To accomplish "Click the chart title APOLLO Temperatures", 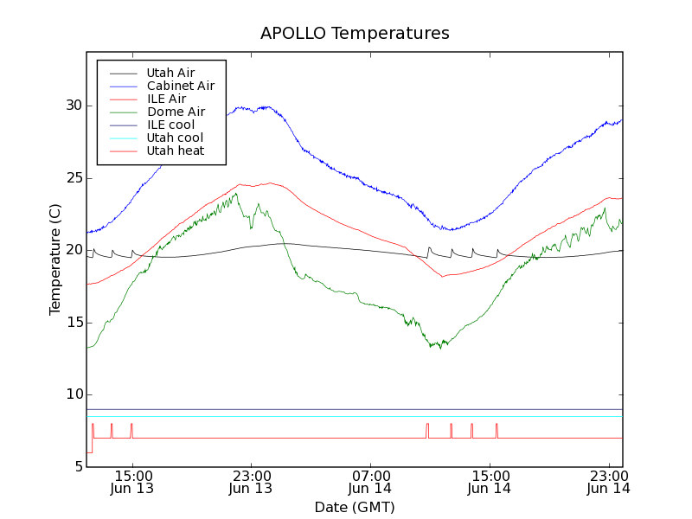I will coord(355,34).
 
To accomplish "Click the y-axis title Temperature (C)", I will coord(55,259).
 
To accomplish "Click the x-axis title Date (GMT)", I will coord(355,507).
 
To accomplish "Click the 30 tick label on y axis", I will coord(74,106).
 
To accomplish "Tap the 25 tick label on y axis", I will coord(74,178).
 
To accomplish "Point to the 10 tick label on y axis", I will coord(74,394).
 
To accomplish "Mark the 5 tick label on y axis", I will coord(78,467).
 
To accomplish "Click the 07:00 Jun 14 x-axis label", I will coord(370,482).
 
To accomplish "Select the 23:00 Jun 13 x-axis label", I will coord(251,482).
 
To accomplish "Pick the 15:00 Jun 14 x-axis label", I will coord(490,482).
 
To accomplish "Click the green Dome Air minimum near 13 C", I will coord(440,347).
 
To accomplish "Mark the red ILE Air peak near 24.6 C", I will coord(271,183).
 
